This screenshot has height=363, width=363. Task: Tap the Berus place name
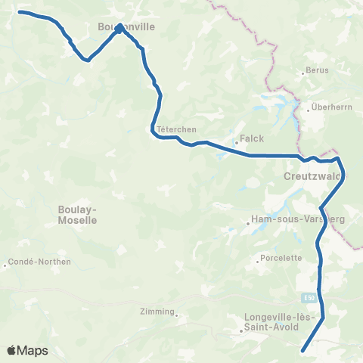(316, 73)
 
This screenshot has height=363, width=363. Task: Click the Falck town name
(250, 140)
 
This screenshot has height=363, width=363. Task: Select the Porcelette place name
(281, 258)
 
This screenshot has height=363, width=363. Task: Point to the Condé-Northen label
(39, 262)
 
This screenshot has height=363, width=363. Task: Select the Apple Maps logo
(27, 350)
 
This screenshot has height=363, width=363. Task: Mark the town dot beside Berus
(303, 73)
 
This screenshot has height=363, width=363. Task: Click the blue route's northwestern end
(20, 12)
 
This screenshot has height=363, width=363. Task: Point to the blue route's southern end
(302, 350)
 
